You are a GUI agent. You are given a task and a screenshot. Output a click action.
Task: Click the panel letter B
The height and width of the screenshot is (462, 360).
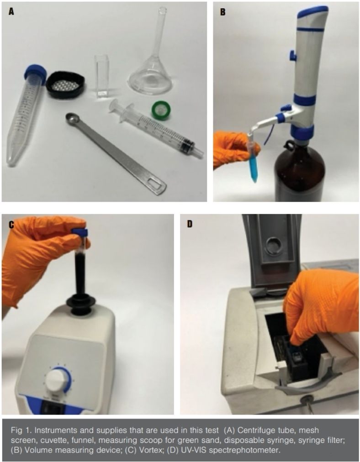pos(222,12)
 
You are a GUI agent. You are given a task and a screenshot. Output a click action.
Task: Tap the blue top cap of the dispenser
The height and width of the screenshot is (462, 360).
pos(312,10)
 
